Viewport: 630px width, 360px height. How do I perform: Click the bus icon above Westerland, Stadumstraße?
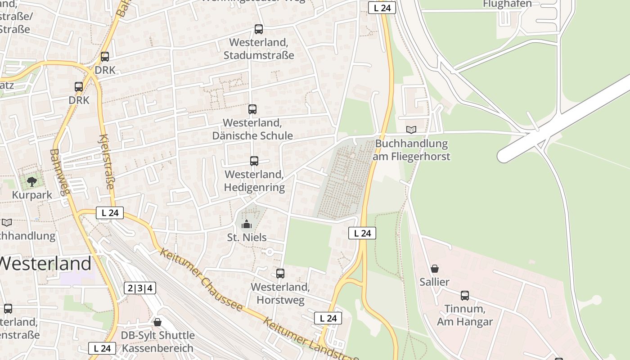click(x=259, y=29)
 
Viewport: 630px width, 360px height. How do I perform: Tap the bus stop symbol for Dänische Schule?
click(x=252, y=109)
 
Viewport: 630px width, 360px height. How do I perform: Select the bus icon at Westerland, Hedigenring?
click(x=254, y=161)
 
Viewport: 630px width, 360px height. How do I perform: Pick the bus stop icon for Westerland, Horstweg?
click(x=280, y=273)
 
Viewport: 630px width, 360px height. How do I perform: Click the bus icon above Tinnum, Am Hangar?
click(x=465, y=296)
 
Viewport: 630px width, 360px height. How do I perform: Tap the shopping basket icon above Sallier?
click(x=435, y=269)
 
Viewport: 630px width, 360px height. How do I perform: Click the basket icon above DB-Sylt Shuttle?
click(x=157, y=322)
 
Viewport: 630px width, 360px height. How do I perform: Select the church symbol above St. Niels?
click(x=247, y=224)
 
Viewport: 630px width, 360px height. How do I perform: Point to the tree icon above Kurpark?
click(x=31, y=181)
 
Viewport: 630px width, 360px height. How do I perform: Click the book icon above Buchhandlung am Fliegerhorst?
click(x=411, y=130)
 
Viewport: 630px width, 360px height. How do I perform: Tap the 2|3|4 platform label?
click(x=140, y=288)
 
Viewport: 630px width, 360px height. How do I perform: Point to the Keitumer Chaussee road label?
click(x=201, y=279)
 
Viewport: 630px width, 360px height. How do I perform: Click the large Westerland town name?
click(x=45, y=263)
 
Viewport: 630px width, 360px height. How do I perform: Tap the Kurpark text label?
click(x=32, y=195)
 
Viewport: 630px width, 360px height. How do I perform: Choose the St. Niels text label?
click(x=247, y=237)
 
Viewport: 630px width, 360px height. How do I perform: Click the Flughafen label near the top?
click(x=507, y=4)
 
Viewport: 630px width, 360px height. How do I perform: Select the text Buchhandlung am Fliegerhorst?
click(x=411, y=150)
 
